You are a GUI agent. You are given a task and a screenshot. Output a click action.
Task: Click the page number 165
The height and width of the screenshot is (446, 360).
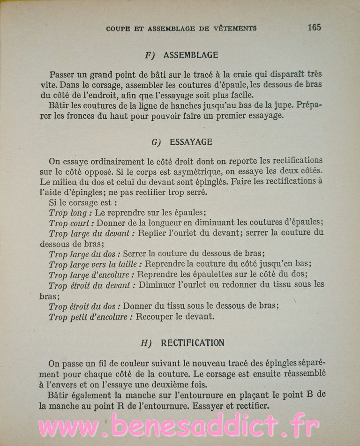(x=315, y=27)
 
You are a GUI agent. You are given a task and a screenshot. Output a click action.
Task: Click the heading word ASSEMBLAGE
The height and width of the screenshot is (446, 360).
(x=191, y=55)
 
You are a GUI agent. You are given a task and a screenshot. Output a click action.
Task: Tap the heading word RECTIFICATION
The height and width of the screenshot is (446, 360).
(x=193, y=342)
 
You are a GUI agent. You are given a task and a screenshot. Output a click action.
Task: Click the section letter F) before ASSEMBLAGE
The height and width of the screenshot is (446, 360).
(x=150, y=55)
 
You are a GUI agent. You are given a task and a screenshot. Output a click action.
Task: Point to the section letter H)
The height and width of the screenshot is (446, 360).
(x=146, y=343)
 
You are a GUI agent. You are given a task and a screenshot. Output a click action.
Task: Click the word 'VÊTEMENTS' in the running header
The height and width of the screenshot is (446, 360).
(x=233, y=28)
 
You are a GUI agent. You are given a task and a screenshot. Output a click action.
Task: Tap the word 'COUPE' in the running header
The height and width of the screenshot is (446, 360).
(x=118, y=28)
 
